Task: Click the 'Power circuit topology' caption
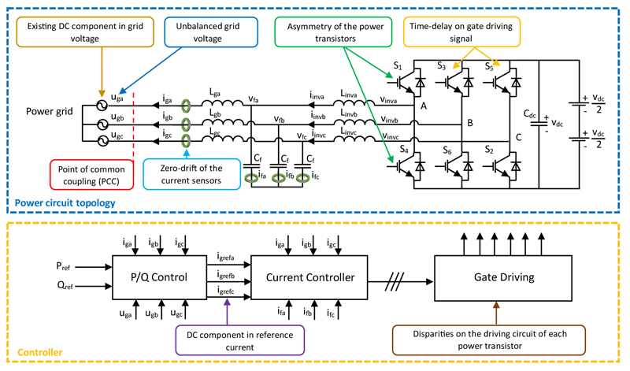(x=61, y=202)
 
